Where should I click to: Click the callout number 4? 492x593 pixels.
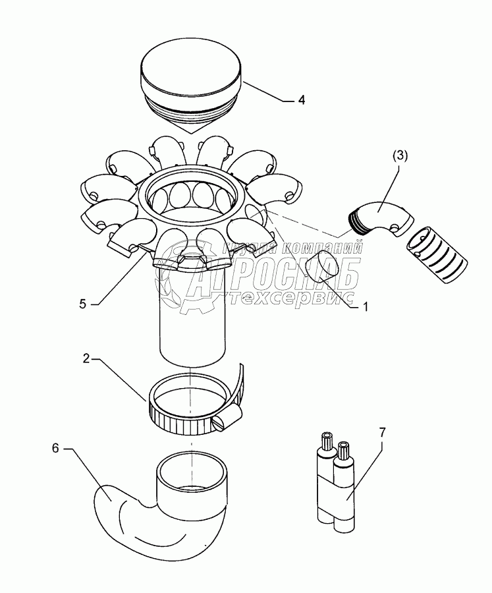point(301,101)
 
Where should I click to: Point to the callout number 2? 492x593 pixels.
point(86,360)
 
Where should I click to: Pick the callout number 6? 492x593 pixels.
point(56,449)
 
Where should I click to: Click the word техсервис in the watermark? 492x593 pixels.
point(296,298)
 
